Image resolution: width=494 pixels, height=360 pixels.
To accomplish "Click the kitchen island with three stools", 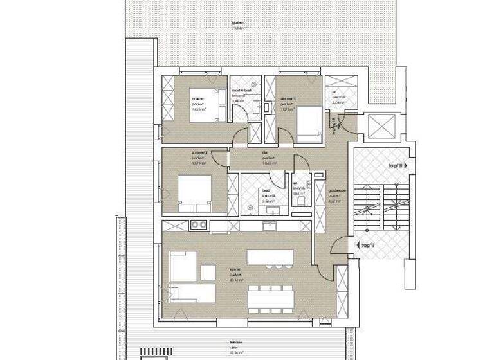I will tap(269, 258).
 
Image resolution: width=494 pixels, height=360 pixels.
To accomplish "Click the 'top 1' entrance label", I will tap(368, 246).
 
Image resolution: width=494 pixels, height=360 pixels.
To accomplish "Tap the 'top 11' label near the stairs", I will tap(395, 165).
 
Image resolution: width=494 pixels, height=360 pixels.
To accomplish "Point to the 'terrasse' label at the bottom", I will tap(226, 343).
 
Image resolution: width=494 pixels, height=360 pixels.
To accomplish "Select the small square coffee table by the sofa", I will tap(208, 273).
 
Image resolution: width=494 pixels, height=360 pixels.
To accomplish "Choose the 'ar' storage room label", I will tap(334, 91).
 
